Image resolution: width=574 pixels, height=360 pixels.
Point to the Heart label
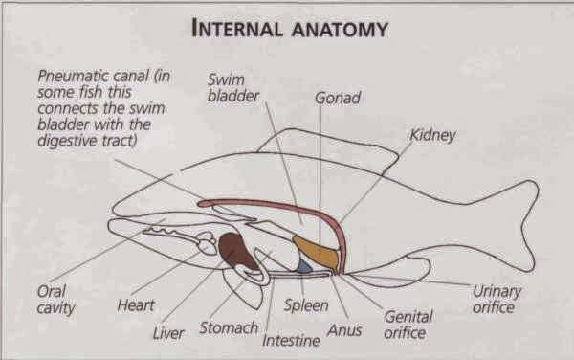coord(135,306)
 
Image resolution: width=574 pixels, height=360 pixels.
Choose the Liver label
coord(168,334)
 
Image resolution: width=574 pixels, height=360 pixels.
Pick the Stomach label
coord(228,328)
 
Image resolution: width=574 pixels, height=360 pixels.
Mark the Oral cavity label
coord(55,300)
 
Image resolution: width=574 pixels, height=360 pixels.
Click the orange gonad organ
coord(315,252)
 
